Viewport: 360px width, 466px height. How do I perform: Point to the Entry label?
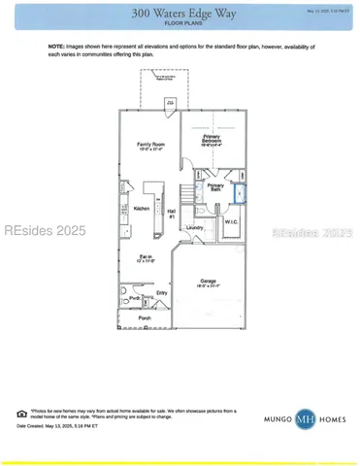(161, 292)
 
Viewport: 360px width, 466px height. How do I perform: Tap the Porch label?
(145, 317)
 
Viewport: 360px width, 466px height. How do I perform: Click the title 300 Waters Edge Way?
(180, 12)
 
